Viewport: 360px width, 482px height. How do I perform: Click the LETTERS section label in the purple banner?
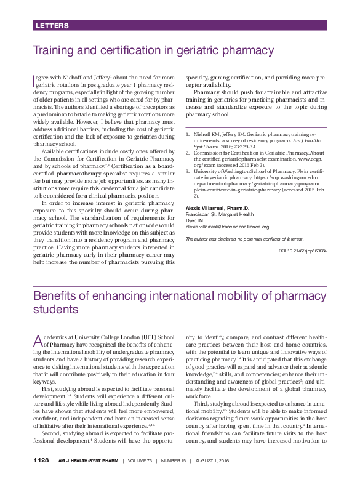tap(52, 26)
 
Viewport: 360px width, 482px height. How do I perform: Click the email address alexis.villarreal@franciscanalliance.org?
tap(227, 244)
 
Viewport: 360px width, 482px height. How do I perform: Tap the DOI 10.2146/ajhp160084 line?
tap(302, 269)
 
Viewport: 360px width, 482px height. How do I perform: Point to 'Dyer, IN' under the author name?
tap(194, 238)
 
